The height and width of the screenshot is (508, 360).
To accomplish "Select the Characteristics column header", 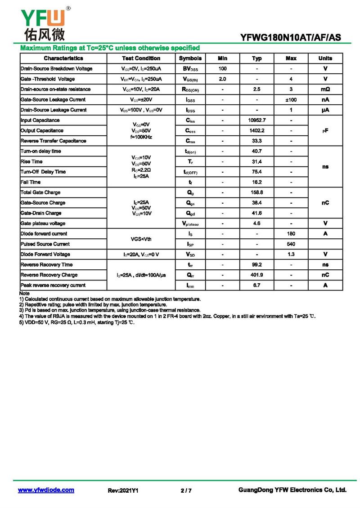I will pyautogui.click(x=63, y=58).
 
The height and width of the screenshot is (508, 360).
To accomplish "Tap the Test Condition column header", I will pyautogui.click(x=141, y=58).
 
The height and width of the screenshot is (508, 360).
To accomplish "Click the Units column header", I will pyautogui.click(x=325, y=58).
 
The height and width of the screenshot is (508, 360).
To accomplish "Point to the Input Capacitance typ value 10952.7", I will pyautogui.click(x=257, y=120).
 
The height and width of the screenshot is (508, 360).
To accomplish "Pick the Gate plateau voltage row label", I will pyautogui.click(x=43, y=223).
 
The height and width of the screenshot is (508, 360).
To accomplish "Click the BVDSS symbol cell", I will pyautogui.click(x=190, y=69).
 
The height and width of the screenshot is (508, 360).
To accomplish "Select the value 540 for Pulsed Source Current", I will pyautogui.click(x=291, y=244).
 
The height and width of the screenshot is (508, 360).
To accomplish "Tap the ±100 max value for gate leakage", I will pyautogui.click(x=291, y=100).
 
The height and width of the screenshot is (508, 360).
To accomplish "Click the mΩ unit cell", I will pyautogui.click(x=325, y=89).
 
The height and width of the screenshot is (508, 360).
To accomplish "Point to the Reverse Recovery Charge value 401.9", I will pyautogui.click(x=257, y=275).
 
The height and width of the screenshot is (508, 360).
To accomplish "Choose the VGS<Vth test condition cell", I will pyautogui.click(x=141, y=239).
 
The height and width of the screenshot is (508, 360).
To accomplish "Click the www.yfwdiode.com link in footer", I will pyautogui.click(x=46, y=490).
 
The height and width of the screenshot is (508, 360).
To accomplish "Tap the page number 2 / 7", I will pyautogui.click(x=186, y=490).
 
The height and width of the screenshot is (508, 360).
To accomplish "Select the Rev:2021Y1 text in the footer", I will pyautogui.click(x=123, y=490).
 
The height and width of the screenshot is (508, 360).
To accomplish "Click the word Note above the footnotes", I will pyautogui.click(x=24, y=293).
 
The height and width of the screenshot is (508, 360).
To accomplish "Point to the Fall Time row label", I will pyautogui.click(x=31, y=182).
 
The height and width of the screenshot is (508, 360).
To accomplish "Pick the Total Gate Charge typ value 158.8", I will pyautogui.click(x=257, y=192).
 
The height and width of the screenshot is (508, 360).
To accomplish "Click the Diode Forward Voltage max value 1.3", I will pyautogui.click(x=291, y=254).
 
